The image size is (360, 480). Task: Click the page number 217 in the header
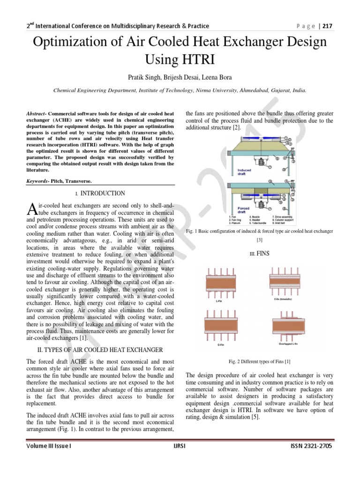326,26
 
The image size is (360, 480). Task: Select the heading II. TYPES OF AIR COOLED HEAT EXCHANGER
99,350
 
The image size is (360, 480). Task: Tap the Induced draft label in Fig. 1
244,172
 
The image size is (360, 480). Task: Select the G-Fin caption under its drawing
219,344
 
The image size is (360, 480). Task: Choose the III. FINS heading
259,254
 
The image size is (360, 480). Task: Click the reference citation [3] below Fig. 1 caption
259,240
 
